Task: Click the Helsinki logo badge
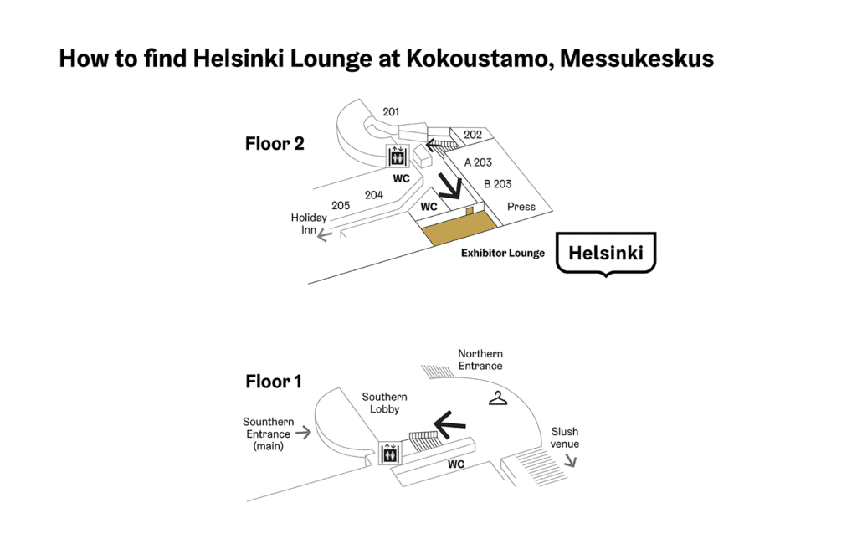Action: (x=607, y=253)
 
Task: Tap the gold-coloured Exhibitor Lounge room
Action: (x=457, y=227)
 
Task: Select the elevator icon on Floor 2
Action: (x=397, y=157)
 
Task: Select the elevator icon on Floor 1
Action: (x=390, y=454)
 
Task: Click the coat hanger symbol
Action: (x=499, y=399)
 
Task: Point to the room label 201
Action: (x=391, y=112)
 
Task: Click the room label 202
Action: (x=473, y=135)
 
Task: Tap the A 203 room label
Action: (x=478, y=162)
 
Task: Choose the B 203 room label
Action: (x=497, y=184)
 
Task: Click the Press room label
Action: (x=521, y=207)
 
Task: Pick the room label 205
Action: (x=341, y=206)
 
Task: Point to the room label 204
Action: (x=373, y=195)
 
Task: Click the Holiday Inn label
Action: (x=309, y=223)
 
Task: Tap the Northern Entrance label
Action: (x=480, y=360)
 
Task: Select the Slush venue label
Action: (x=565, y=438)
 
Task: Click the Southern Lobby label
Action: (x=384, y=403)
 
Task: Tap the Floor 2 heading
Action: (x=275, y=144)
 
